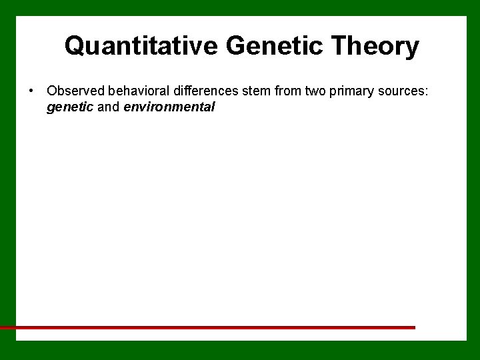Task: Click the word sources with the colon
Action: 403,91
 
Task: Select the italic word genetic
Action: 70,107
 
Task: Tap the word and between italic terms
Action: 109,107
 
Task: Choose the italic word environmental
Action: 169,107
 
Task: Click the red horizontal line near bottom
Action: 207,327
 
